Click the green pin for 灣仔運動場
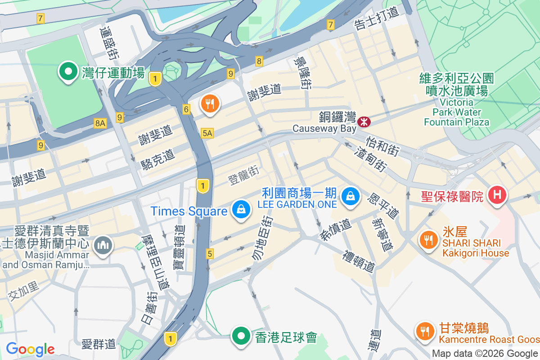(x=68, y=72)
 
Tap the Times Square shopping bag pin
(x=241, y=209)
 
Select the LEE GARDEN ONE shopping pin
(x=350, y=196)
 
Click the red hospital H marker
(x=497, y=195)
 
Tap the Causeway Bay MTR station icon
(x=363, y=122)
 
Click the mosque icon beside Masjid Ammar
(x=103, y=246)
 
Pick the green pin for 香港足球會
(x=241, y=336)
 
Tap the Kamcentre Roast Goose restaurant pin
(x=424, y=332)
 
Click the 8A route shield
(x=100, y=123)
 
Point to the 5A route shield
(x=207, y=133)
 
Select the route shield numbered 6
(x=186, y=108)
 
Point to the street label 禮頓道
(x=359, y=261)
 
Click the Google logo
(x=30, y=349)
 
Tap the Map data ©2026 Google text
(x=485, y=354)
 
